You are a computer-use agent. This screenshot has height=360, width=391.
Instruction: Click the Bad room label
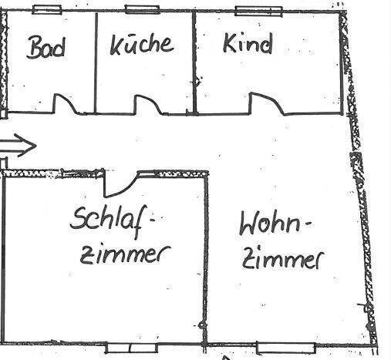point(46,47)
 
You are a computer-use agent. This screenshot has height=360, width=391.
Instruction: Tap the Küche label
point(142,45)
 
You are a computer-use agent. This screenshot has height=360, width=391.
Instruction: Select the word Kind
point(248,43)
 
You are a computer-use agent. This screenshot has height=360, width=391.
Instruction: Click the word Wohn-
point(275,224)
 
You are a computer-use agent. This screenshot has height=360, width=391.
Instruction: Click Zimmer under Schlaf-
point(125,254)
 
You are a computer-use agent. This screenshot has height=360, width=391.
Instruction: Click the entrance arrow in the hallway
point(18,146)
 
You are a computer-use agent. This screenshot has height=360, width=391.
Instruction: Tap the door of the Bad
point(65,104)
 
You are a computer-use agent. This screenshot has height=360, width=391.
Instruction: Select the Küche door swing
point(148,105)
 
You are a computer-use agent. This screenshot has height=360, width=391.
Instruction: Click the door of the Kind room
point(268,103)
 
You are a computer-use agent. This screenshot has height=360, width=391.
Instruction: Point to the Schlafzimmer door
point(121,184)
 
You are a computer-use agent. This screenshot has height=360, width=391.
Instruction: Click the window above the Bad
point(47,10)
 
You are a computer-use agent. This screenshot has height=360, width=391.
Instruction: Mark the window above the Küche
point(142,9)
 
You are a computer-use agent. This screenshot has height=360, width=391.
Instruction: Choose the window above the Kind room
point(259,12)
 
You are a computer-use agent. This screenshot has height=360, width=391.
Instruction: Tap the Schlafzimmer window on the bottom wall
point(131,348)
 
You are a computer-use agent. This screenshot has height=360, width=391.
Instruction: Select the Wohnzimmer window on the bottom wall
point(286,348)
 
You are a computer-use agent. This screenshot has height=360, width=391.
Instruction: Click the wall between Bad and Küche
point(96,62)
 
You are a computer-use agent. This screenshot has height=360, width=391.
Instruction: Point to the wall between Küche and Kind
point(194,62)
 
